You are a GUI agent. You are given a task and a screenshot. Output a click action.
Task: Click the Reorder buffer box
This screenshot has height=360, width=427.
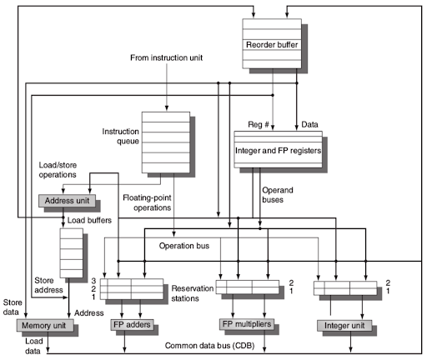click(273, 43)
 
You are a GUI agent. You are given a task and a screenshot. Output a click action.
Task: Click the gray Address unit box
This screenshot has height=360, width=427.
click(67, 201)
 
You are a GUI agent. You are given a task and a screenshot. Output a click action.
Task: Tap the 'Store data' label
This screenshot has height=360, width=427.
click(12, 307)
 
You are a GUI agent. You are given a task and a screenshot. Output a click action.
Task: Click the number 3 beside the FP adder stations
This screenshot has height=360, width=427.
click(94, 280)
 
